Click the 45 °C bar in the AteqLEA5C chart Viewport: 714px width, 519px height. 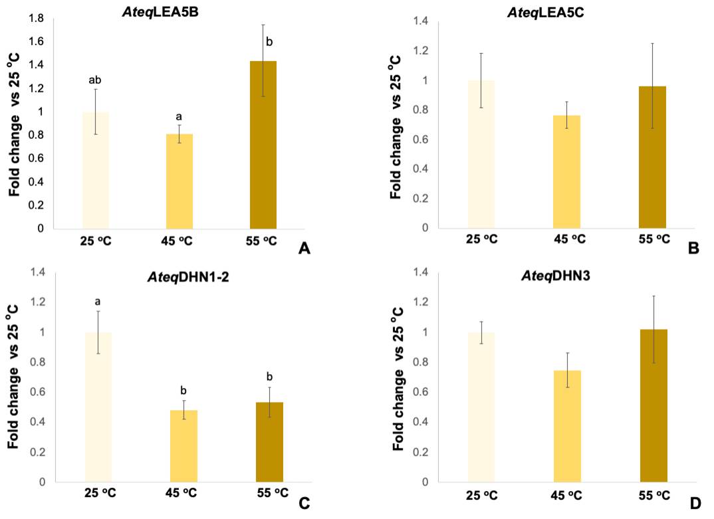pos(566,172)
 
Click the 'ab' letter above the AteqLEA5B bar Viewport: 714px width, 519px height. pos(95,80)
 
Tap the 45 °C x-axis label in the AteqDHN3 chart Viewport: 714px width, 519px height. pos(566,494)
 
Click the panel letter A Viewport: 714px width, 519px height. pos(305,249)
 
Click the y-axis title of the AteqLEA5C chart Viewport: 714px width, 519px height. pos(395,126)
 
